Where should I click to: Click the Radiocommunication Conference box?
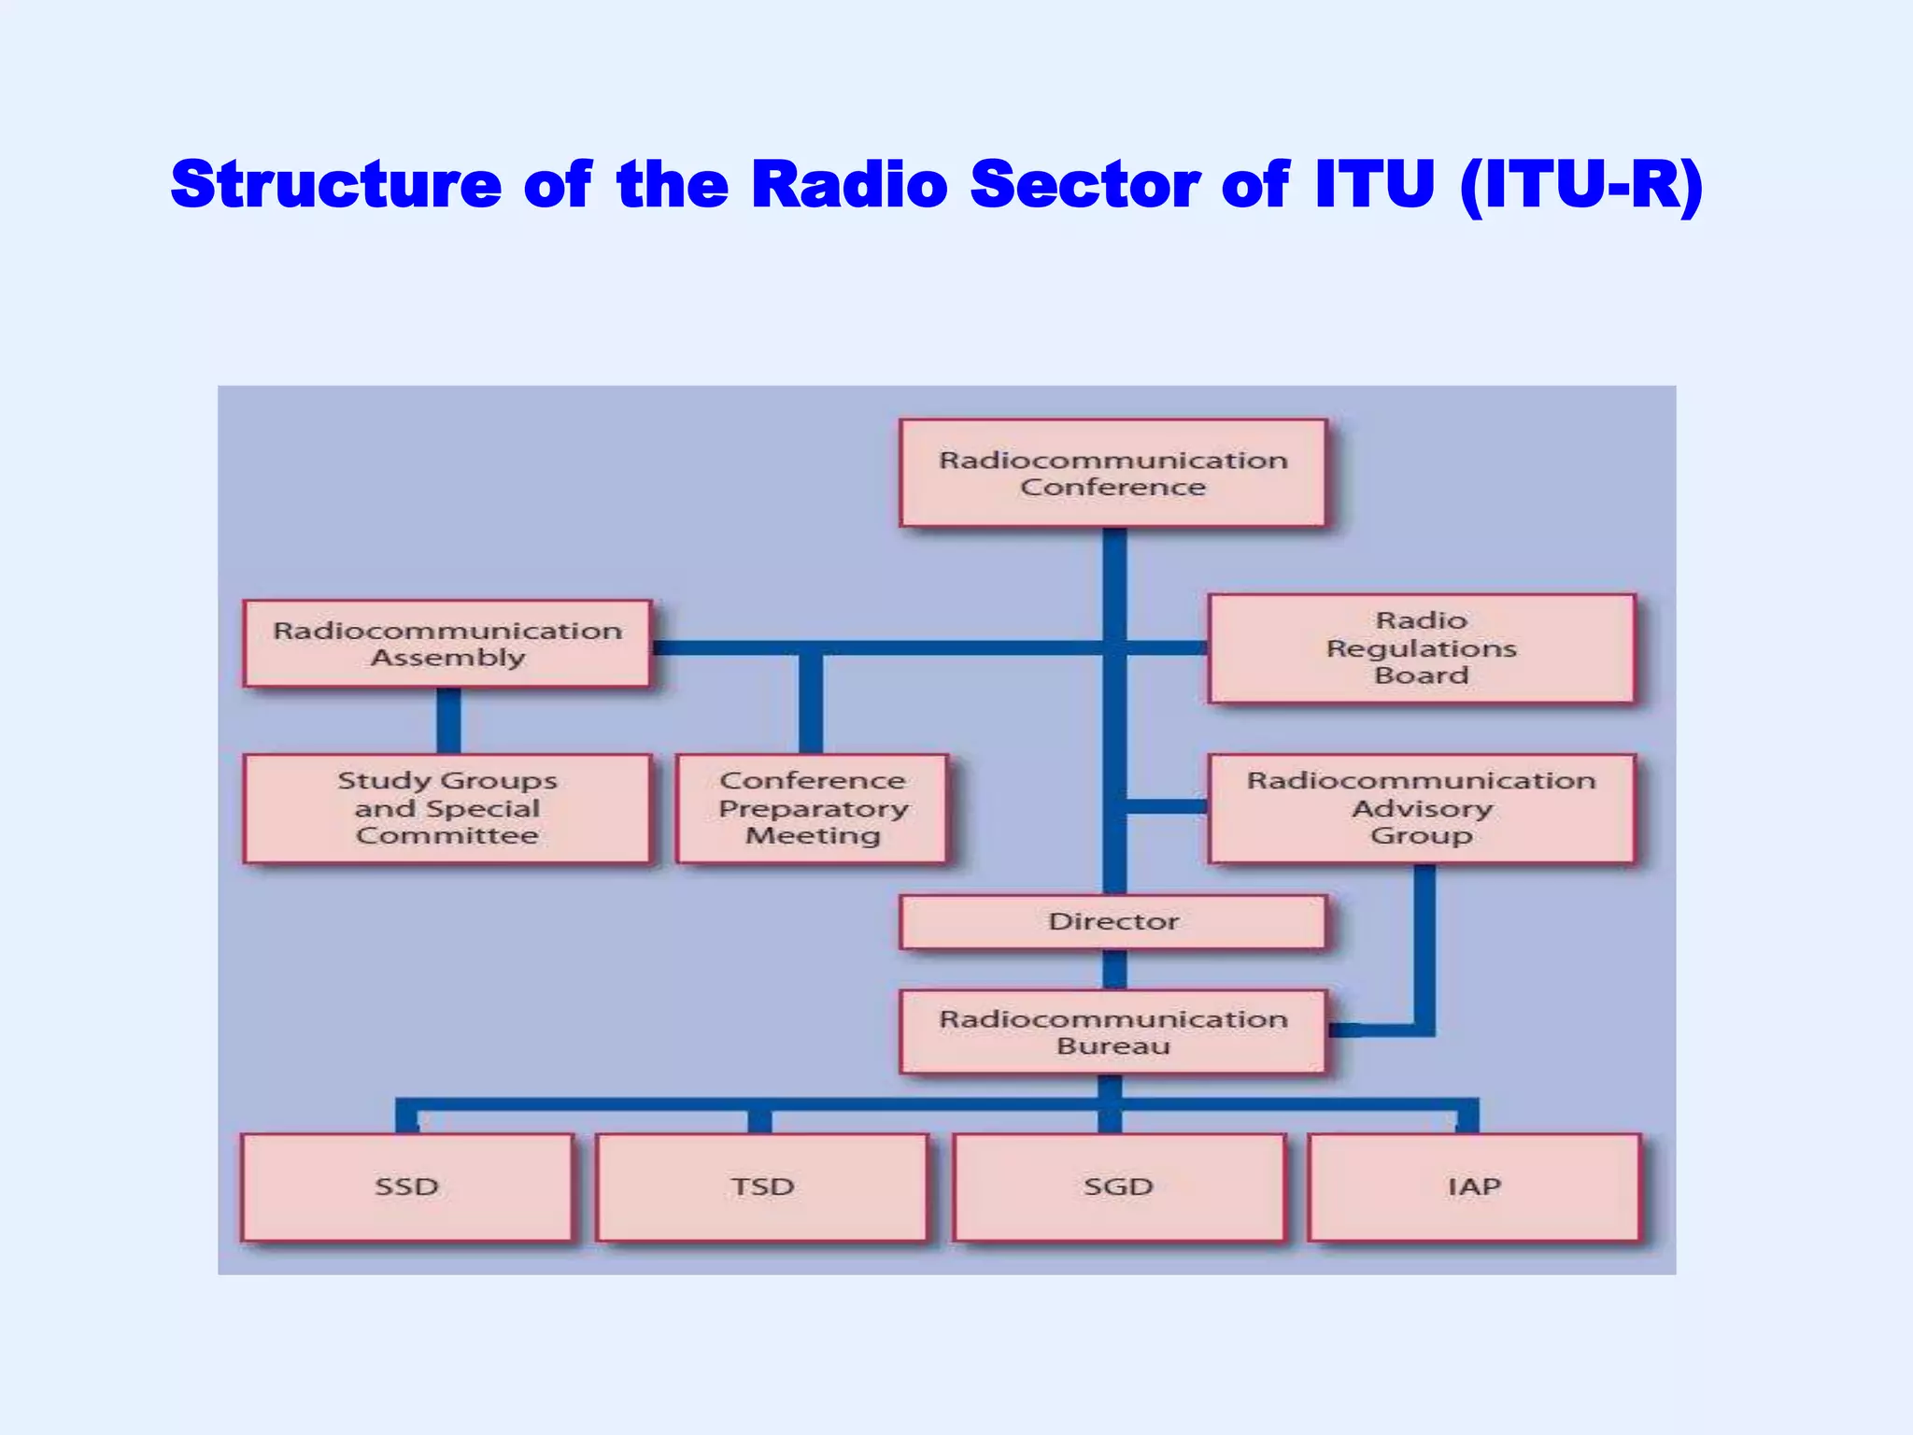[1112, 473]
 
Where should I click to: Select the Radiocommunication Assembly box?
[446, 644]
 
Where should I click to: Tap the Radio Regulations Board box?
[1421, 647]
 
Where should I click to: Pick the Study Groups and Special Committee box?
[446, 808]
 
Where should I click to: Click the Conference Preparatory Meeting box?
[812, 808]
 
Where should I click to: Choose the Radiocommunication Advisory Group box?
[1421, 808]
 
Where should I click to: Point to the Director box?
[1112, 922]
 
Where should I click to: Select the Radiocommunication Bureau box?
[1112, 1031]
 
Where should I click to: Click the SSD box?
[406, 1187]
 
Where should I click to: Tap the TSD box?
[762, 1187]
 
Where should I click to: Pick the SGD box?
[1118, 1187]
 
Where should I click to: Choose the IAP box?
[1474, 1187]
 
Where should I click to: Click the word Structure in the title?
[336, 184]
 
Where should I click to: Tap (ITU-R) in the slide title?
[1580, 184]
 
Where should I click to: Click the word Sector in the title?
[1084, 184]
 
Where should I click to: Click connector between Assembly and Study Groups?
[448, 720]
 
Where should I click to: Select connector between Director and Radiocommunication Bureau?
[1114, 970]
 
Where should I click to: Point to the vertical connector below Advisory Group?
[1424, 944]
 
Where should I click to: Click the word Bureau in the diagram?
[1112, 1046]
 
